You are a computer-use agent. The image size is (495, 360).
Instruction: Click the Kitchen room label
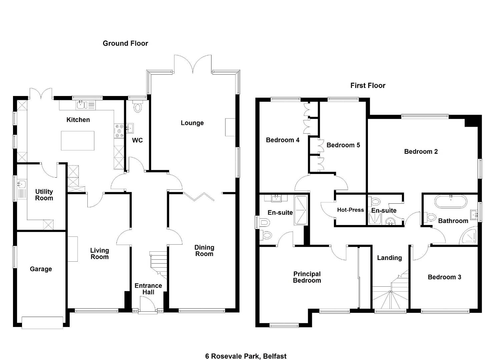point(78,120)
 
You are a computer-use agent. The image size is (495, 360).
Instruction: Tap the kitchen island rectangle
point(78,141)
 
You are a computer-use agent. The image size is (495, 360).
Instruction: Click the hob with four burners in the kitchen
point(119,131)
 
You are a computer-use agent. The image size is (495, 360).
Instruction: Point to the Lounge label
point(192,123)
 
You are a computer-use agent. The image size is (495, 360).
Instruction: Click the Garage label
point(41,269)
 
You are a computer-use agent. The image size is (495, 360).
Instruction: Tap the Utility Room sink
point(22,184)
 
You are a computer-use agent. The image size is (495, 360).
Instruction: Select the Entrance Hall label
point(148,289)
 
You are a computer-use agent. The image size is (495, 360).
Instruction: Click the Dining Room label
point(204,250)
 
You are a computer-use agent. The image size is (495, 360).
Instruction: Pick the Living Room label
point(99,254)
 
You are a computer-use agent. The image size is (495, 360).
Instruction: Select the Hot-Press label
point(350,210)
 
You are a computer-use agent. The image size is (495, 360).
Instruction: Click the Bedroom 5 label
point(343,145)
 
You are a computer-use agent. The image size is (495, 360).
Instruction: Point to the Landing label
point(389,258)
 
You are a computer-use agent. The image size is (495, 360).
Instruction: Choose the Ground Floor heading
point(125,43)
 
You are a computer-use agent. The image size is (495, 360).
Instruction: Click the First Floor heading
point(368,85)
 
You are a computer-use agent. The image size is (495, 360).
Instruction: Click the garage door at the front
point(42,323)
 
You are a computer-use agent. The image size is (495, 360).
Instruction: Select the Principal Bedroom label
point(307,277)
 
